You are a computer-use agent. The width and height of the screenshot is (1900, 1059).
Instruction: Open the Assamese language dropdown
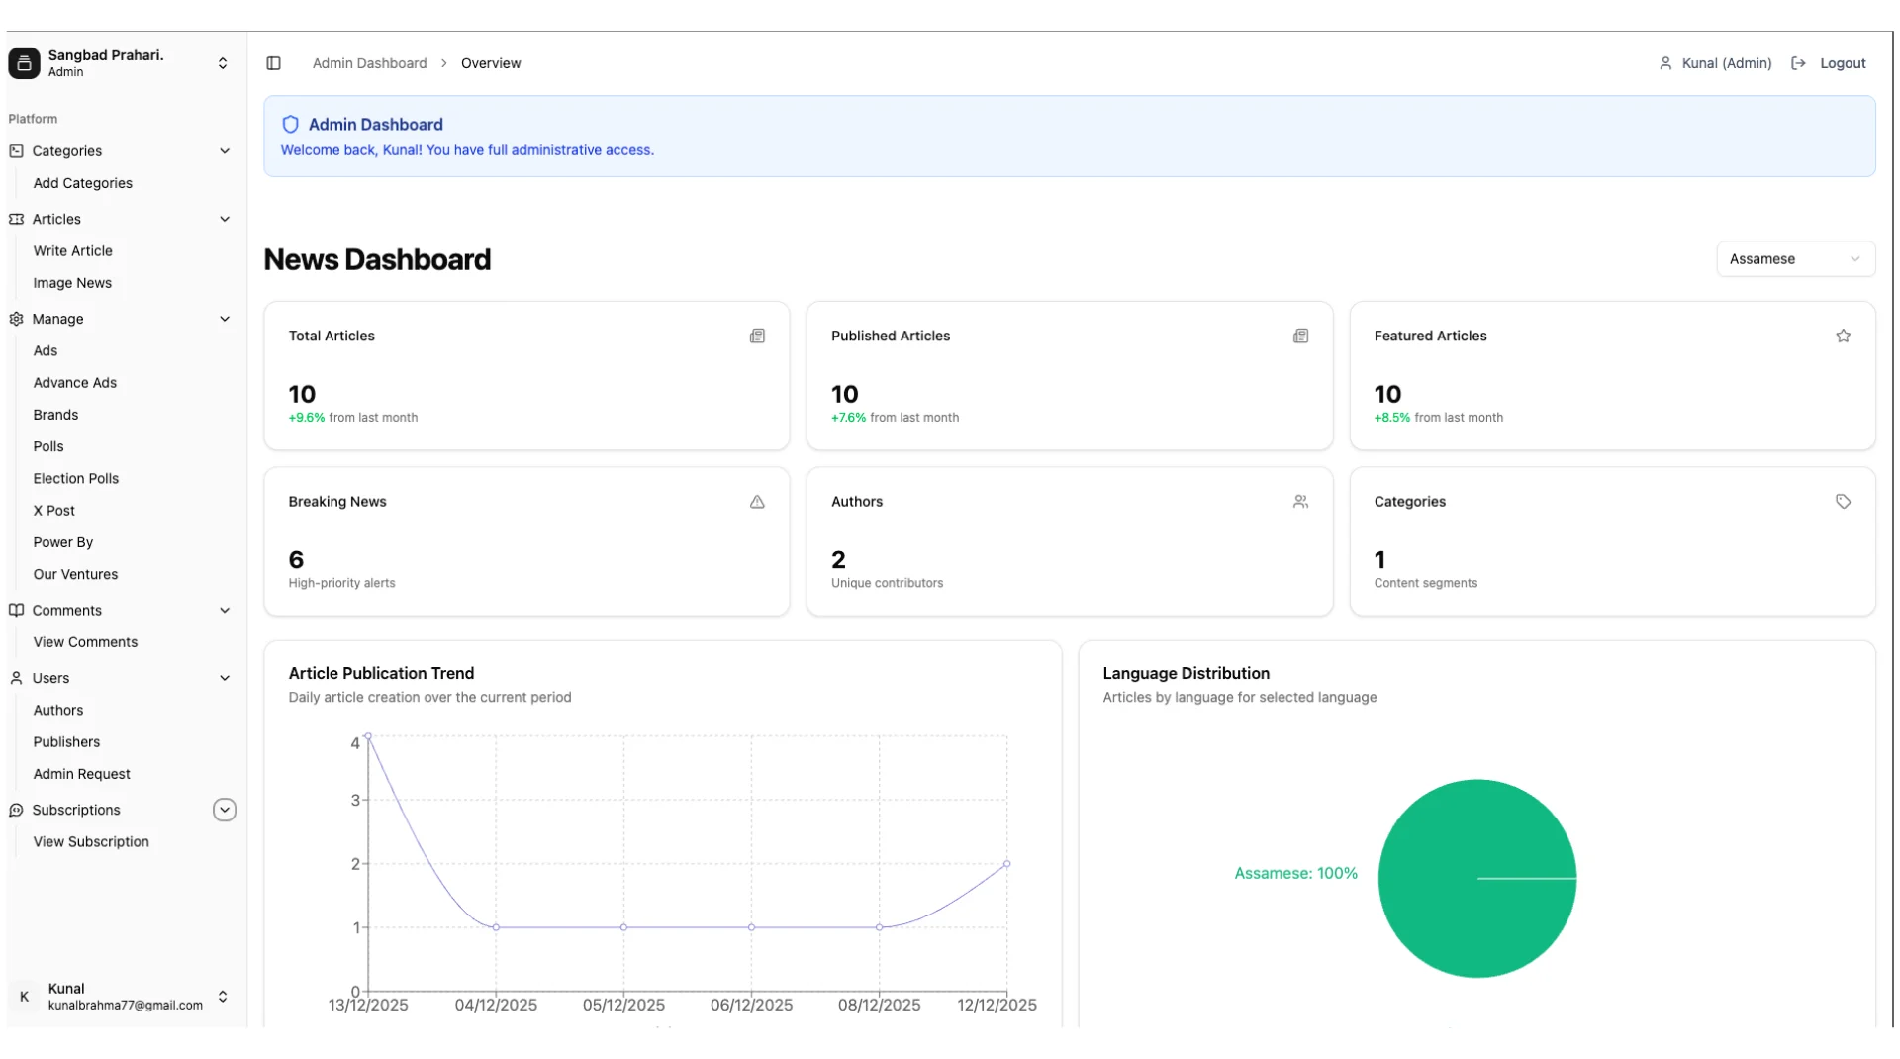[1795, 259]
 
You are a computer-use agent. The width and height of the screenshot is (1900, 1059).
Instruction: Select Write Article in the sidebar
[73, 251]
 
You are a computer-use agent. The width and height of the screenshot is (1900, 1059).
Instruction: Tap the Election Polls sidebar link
[76, 479]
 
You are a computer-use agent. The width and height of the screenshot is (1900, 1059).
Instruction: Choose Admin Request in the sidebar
[82, 774]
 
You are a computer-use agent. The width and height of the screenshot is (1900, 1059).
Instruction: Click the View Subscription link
[91, 842]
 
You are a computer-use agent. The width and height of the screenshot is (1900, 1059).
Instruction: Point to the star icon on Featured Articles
[1843, 337]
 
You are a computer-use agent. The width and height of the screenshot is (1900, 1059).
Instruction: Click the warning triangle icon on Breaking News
[757, 502]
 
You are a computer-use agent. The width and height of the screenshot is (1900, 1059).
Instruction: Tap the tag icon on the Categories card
[1843, 502]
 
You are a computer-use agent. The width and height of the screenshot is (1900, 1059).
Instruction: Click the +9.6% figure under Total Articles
[307, 418]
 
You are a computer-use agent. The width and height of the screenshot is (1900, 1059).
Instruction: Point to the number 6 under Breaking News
[296, 560]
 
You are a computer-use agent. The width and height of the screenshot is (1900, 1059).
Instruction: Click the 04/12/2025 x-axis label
[496, 1006]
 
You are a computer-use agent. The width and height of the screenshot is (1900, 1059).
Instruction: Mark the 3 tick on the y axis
[355, 800]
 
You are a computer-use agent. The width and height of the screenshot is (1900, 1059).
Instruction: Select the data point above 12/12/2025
[1006, 864]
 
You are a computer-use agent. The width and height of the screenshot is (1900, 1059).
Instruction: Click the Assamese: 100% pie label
[1295, 874]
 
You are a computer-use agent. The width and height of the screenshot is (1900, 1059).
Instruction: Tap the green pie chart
[1476, 879]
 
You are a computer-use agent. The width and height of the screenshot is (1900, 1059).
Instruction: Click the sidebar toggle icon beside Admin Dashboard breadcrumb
[274, 63]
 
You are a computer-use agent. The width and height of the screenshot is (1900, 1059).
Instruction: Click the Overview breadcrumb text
[491, 63]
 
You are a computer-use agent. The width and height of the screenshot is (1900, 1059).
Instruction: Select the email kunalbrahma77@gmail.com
[126, 1006]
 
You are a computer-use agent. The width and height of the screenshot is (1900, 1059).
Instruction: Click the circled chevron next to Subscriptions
[225, 810]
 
